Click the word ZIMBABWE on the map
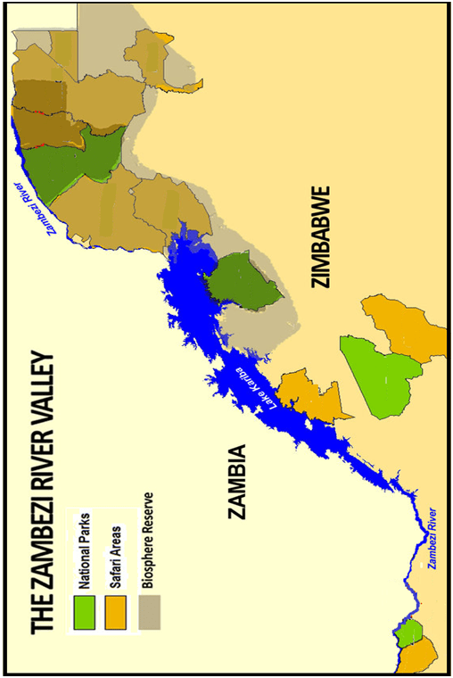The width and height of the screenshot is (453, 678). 321,236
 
